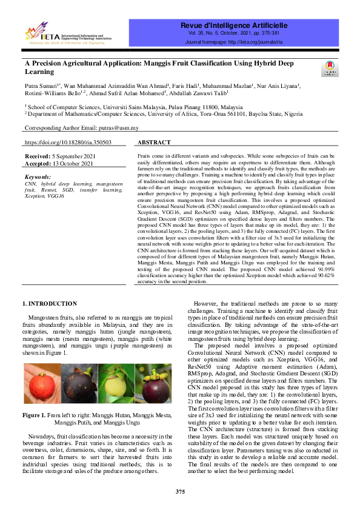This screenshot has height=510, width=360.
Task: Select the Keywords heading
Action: [38, 176]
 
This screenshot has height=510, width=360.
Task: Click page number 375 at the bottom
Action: [180, 491]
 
